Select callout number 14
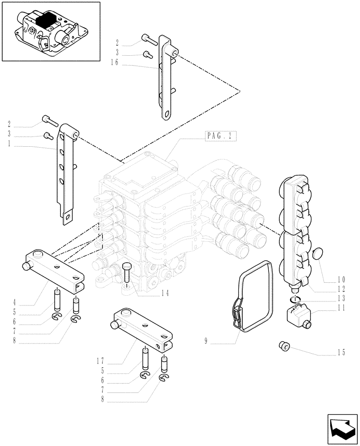(x=165, y=293)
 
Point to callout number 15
(x=341, y=354)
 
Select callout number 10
(x=341, y=280)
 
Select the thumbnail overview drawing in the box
(x=50, y=31)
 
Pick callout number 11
(x=341, y=308)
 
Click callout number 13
(x=341, y=298)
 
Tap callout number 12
(x=341, y=289)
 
